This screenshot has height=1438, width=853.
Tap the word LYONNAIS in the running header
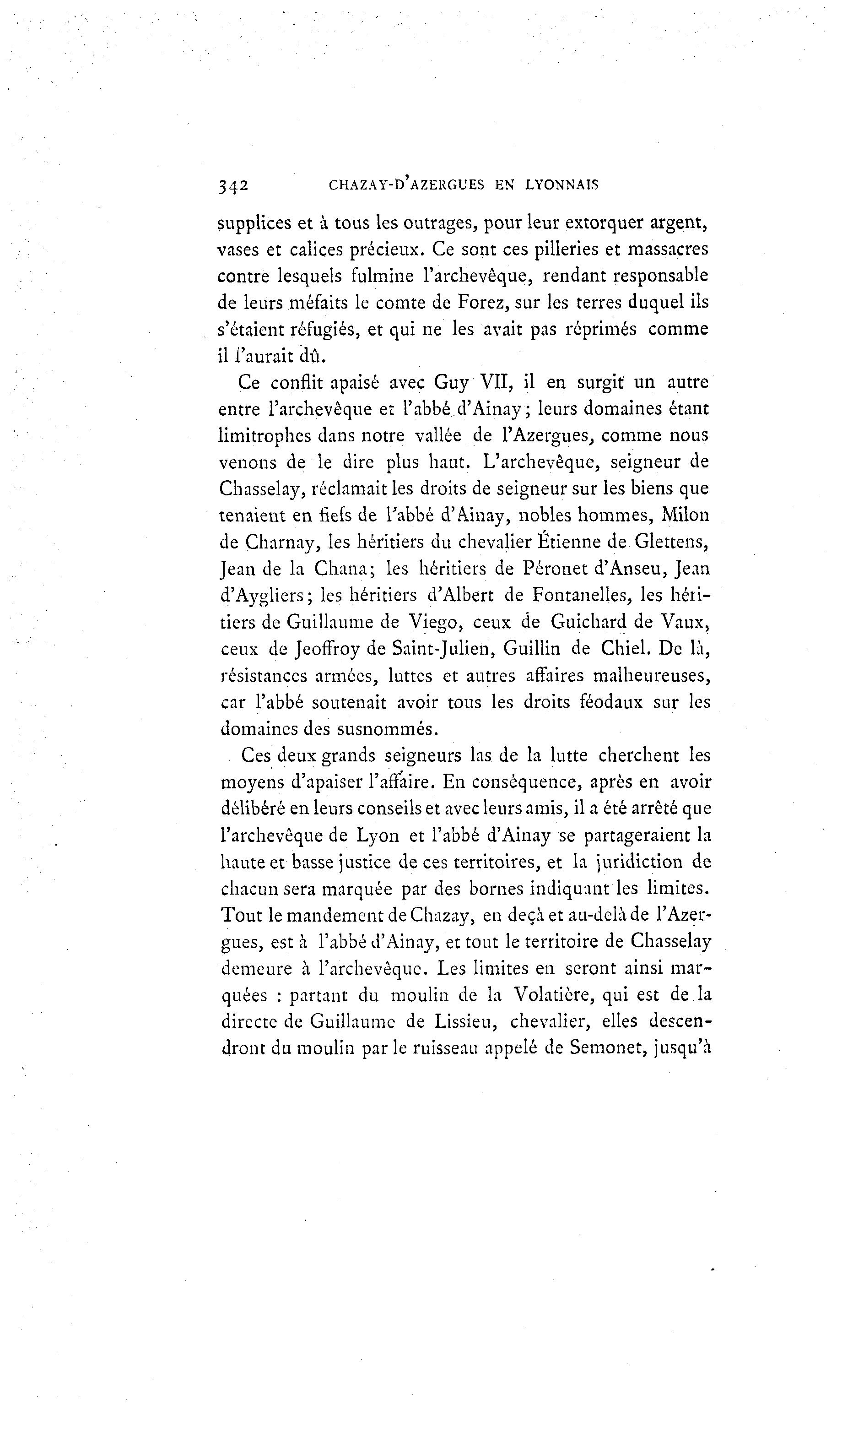coord(561,185)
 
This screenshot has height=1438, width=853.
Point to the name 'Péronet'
coord(560,569)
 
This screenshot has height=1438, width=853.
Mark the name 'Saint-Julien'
coord(442,649)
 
